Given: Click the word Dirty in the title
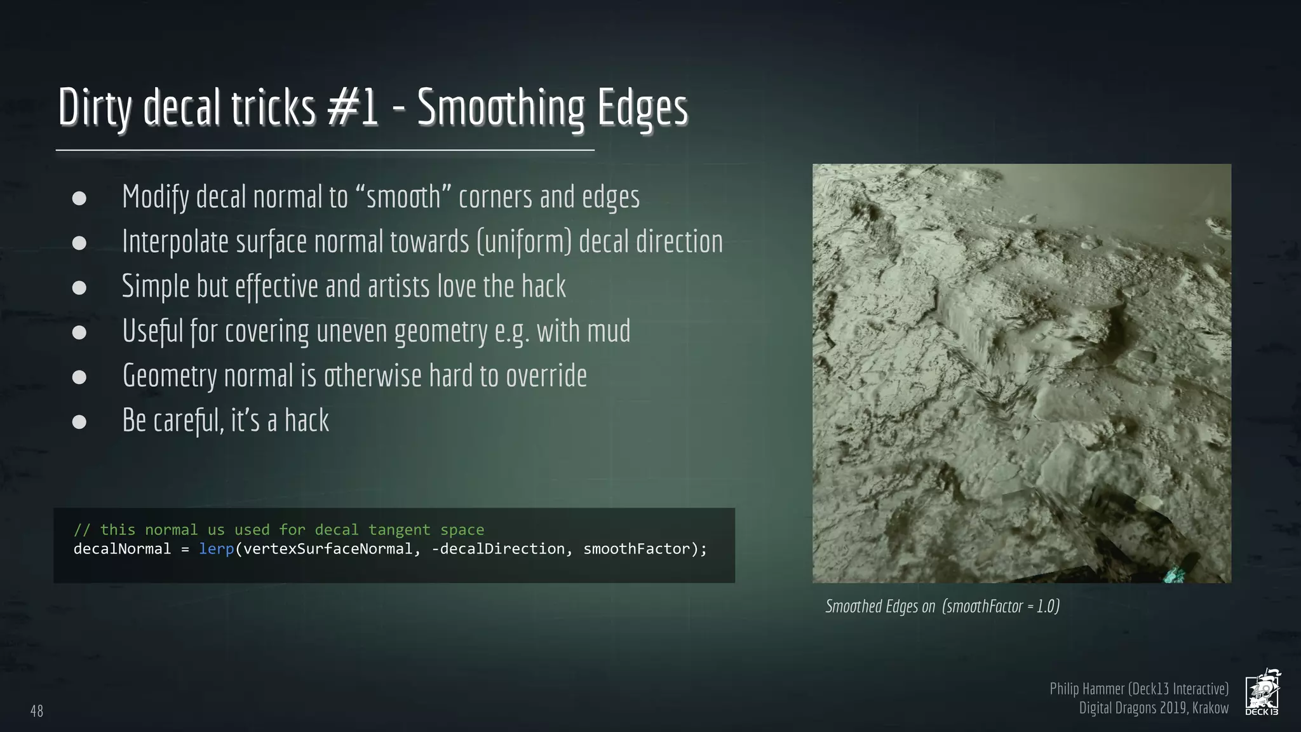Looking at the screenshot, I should (x=95, y=108).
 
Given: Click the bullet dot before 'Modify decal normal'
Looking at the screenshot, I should (x=79, y=198).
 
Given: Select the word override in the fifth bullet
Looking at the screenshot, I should (x=546, y=376).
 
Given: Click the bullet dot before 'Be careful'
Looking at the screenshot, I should (x=79, y=422).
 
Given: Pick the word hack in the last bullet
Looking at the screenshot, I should (x=307, y=421).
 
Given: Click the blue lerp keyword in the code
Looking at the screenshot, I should (x=217, y=549).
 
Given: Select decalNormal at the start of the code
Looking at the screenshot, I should (x=122, y=549).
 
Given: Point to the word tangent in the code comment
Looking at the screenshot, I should (x=399, y=530).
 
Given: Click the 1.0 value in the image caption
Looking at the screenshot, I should (x=1046, y=606).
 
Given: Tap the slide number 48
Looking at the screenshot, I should (x=37, y=711).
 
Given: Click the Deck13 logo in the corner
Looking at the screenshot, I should (x=1262, y=693).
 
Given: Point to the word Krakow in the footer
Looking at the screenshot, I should (x=1210, y=708).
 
